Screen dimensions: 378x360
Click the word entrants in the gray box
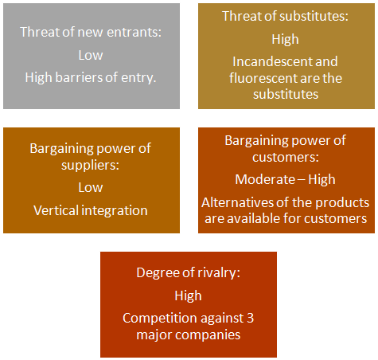coord(134,33)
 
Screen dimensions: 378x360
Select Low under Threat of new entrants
coord(91,55)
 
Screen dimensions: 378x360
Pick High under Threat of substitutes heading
coord(285,40)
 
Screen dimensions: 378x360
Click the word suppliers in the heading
coord(90,166)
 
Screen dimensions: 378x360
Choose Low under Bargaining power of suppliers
coord(91,187)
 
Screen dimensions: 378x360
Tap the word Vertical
coord(56,210)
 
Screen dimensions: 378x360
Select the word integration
coord(115,211)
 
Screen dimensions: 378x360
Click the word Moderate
coord(265,179)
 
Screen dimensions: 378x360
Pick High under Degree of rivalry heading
coord(188,295)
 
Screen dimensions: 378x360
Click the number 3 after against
coord(250,318)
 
